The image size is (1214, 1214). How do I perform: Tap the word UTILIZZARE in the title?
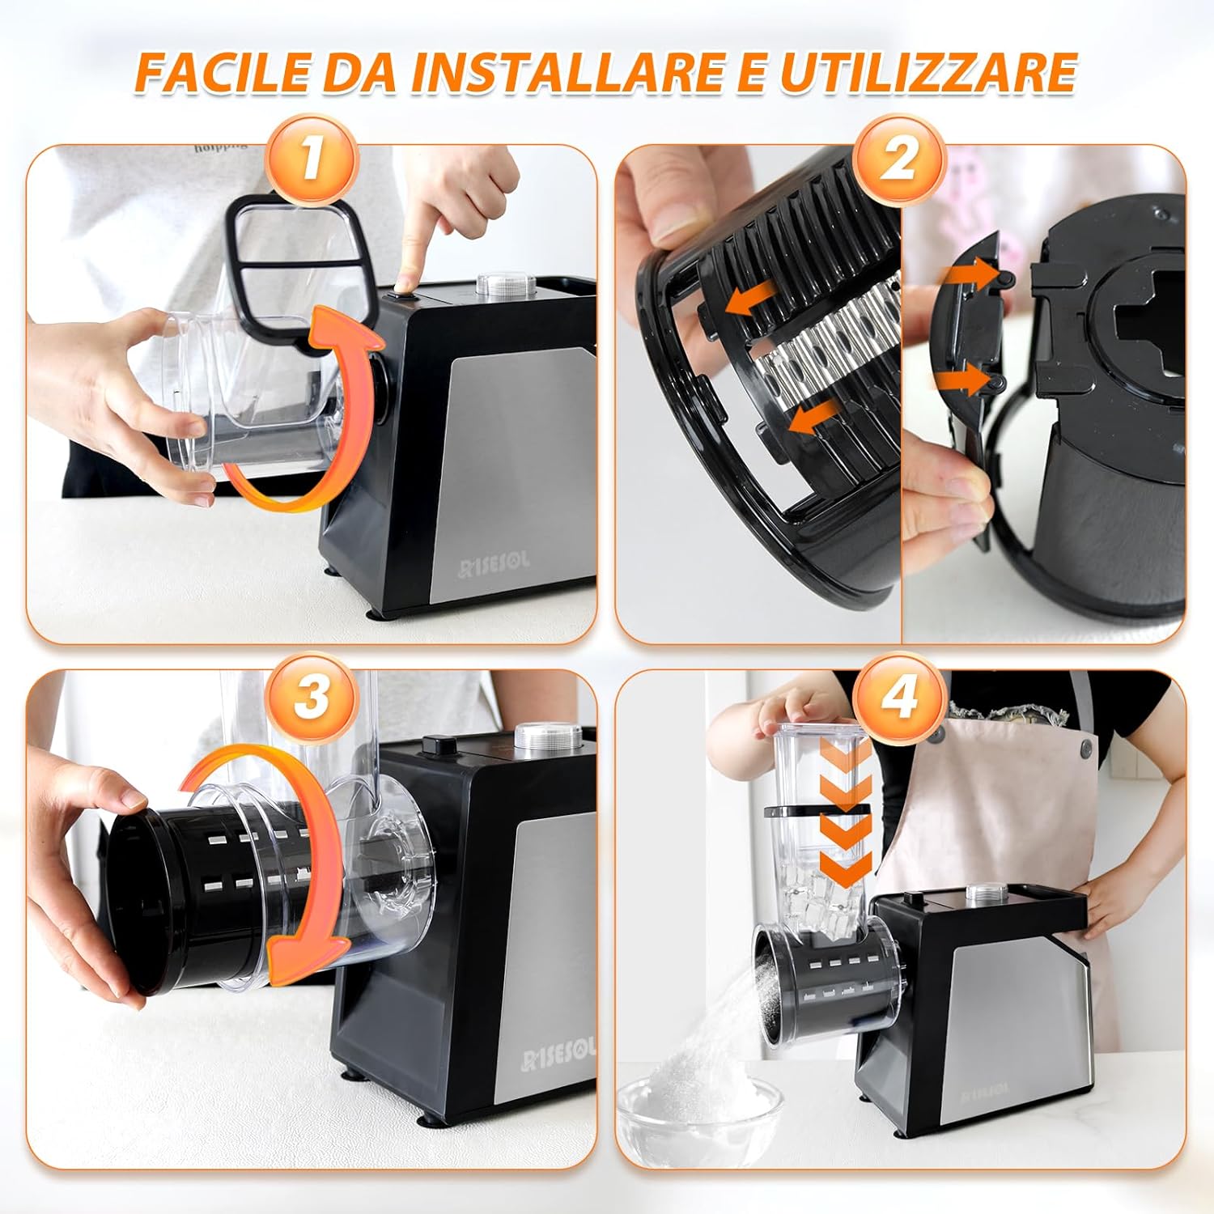(x=927, y=73)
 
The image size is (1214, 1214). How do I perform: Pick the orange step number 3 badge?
(x=312, y=696)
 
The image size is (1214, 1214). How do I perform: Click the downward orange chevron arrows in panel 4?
(x=846, y=817)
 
